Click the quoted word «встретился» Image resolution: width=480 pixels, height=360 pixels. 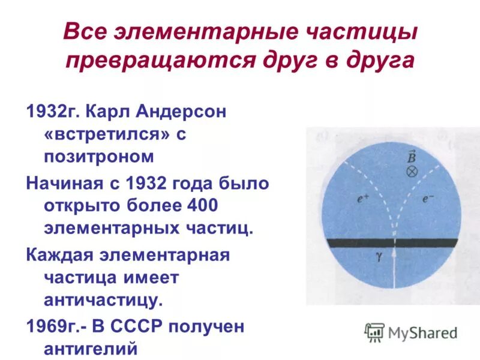[x=104, y=135]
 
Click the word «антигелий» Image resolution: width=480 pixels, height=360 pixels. [x=91, y=348]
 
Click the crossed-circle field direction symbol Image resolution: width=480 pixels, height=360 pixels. [x=412, y=171]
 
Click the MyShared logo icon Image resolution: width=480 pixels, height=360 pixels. [x=374, y=332]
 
